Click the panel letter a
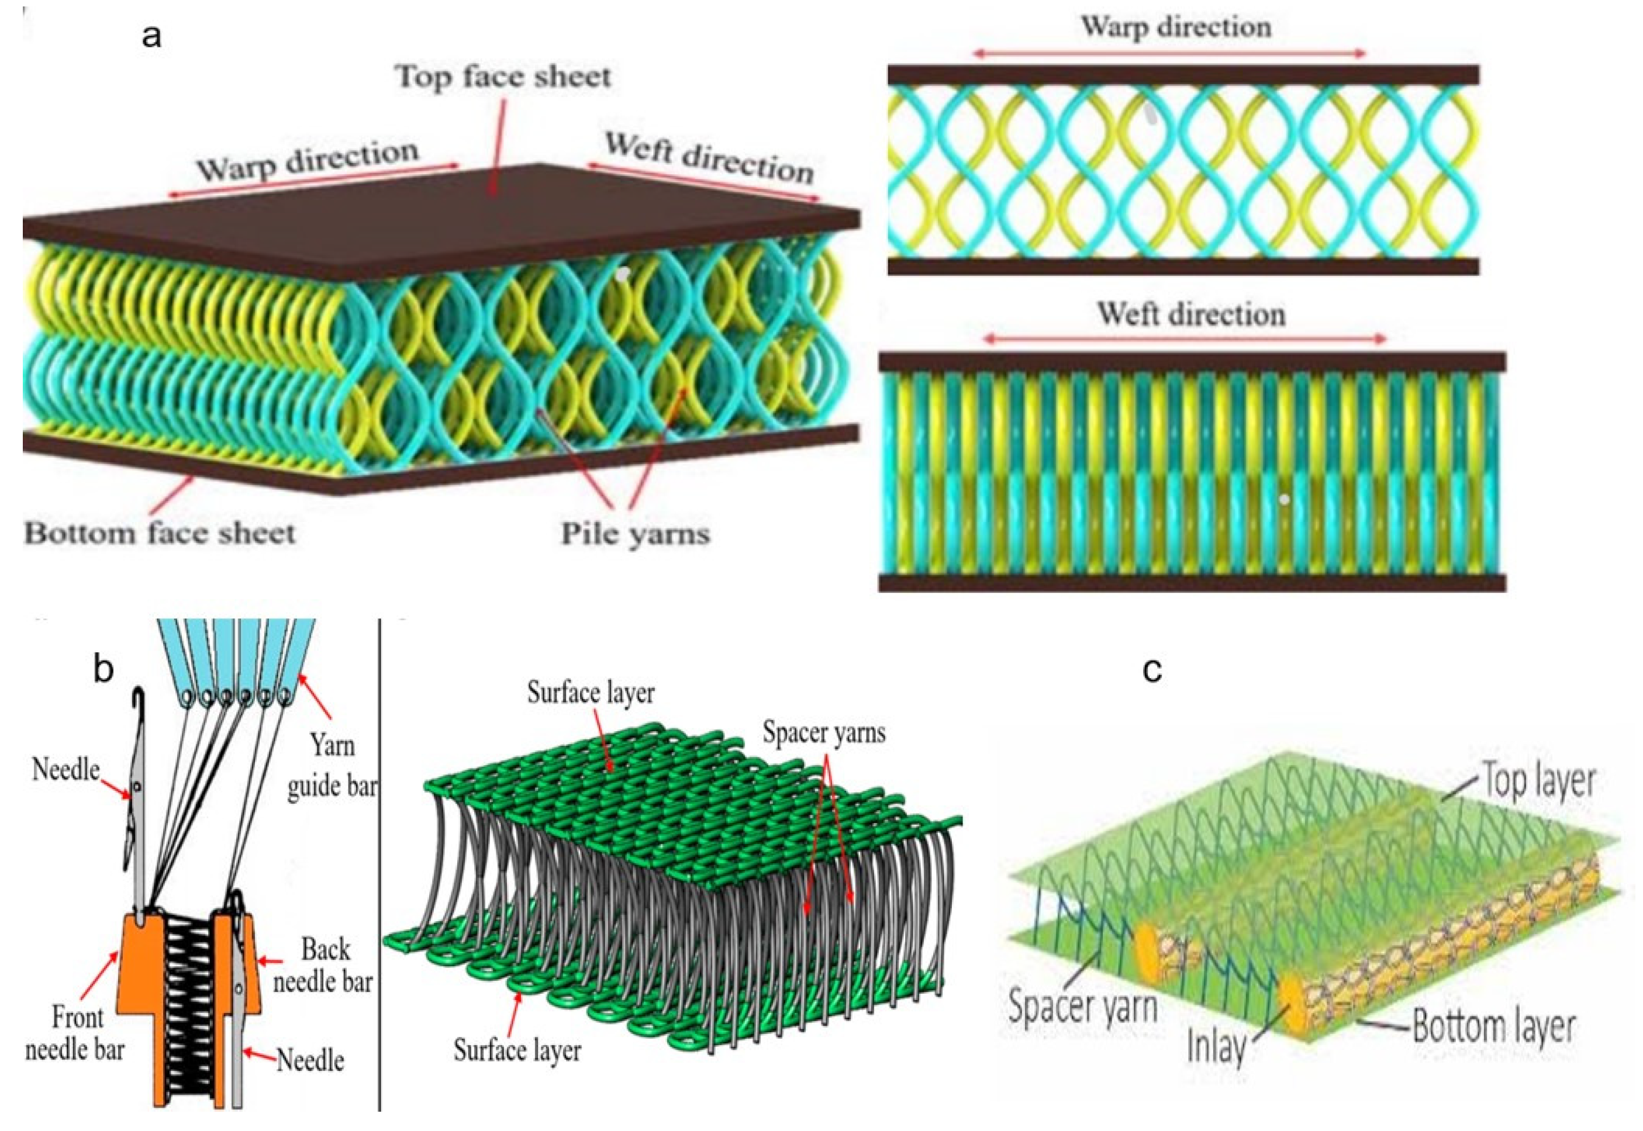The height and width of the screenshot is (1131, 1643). coord(151,36)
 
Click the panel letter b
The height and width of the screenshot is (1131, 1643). coord(103,668)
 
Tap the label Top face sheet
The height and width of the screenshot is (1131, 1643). coord(503,77)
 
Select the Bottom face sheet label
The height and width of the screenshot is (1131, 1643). coord(160,534)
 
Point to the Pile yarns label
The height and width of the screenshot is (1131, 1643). coord(635,534)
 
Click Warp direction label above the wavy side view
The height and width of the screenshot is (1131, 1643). coord(1175,27)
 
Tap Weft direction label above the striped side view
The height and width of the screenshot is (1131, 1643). coord(1192,314)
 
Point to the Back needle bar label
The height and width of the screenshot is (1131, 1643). coord(324,965)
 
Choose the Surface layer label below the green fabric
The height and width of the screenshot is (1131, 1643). coord(517,1050)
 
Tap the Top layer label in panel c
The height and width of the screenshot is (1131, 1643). coord(1538,781)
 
